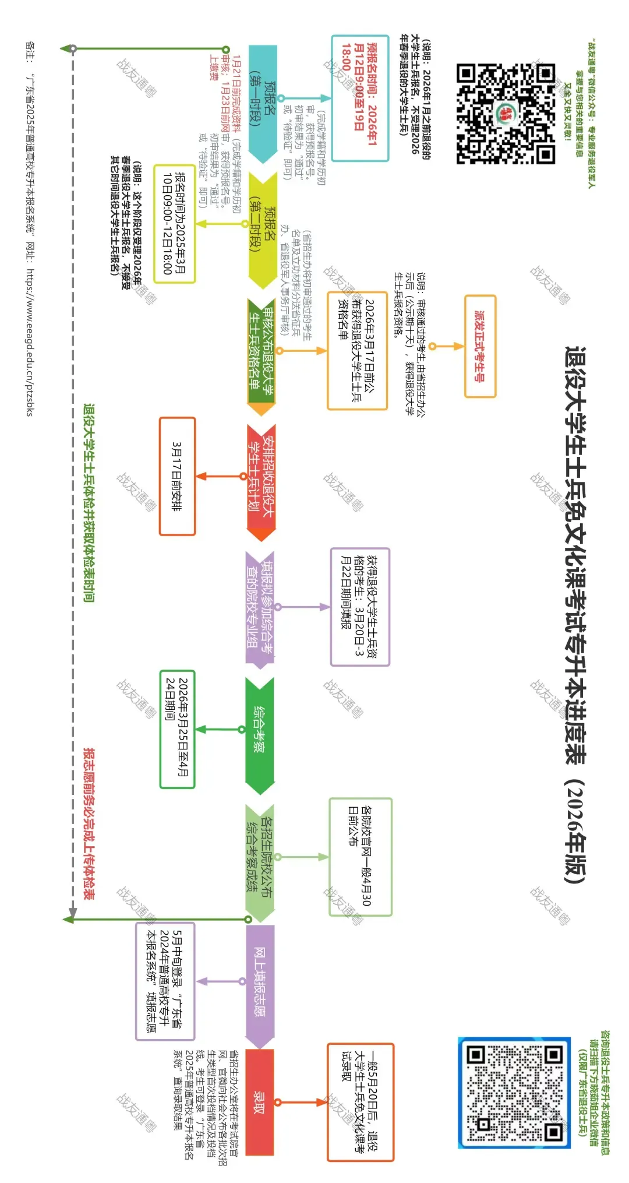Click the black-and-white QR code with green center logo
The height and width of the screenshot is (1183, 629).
[506, 114]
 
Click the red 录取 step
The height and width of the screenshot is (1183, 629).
[260, 1101]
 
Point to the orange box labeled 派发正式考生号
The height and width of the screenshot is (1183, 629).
[480, 346]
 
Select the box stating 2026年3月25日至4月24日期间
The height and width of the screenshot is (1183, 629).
[177, 728]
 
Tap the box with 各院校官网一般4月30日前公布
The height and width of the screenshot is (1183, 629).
[360, 856]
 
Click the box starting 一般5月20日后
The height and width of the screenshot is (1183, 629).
[360, 1101]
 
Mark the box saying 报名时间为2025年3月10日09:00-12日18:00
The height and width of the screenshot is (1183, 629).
[174, 224]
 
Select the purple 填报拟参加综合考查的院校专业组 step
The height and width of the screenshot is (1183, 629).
[260, 606]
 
